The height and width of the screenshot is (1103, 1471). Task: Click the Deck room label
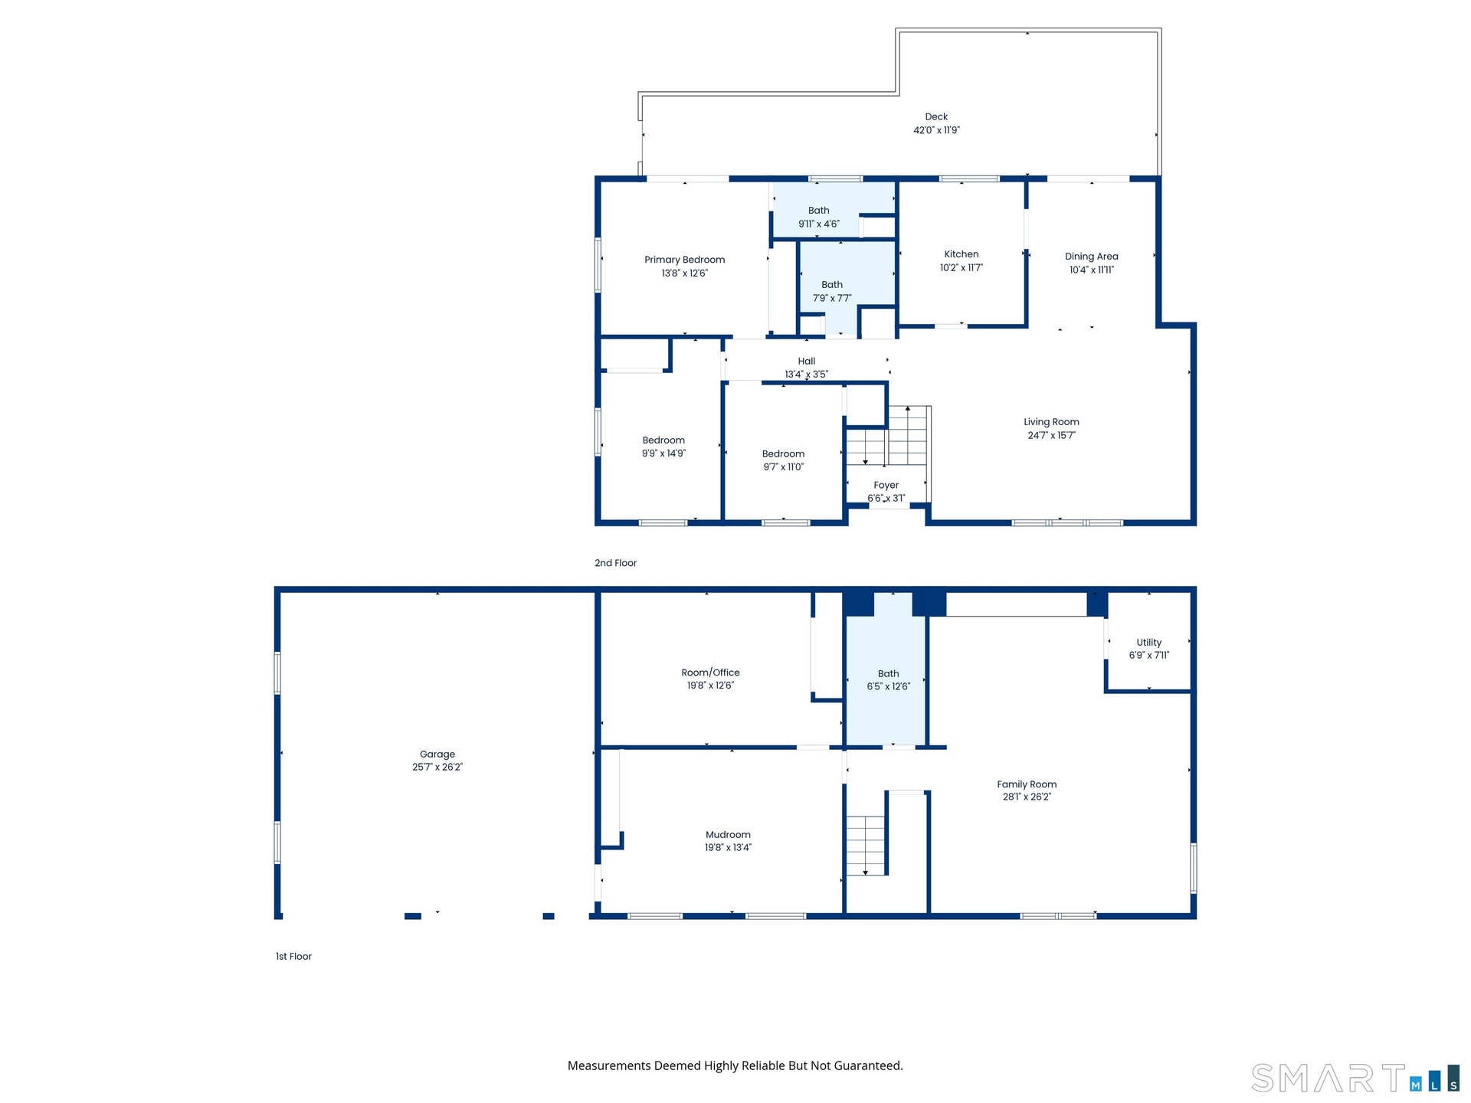pyautogui.click(x=936, y=117)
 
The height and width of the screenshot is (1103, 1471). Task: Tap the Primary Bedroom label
pyautogui.click(x=684, y=260)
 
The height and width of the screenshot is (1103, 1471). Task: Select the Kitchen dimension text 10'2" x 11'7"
pyautogui.click(x=962, y=268)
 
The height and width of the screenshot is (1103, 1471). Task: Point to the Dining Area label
pyautogui.click(x=1091, y=257)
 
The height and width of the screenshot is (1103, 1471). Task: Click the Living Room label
pyautogui.click(x=1051, y=422)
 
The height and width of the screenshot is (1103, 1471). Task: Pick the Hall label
pyautogui.click(x=807, y=362)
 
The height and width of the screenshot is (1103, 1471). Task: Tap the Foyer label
pyautogui.click(x=886, y=486)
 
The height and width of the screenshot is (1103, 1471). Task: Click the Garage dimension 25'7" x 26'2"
pyautogui.click(x=437, y=768)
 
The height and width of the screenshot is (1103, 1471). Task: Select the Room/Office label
pyautogui.click(x=710, y=673)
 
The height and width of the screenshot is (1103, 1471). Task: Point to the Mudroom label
pyautogui.click(x=728, y=835)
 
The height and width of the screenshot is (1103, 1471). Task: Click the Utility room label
pyautogui.click(x=1148, y=643)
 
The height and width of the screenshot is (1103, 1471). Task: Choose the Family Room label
pyautogui.click(x=1027, y=784)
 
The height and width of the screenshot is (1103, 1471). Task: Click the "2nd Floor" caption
pyautogui.click(x=615, y=563)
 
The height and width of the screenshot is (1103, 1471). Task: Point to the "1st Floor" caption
pyautogui.click(x=293, y=957)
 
